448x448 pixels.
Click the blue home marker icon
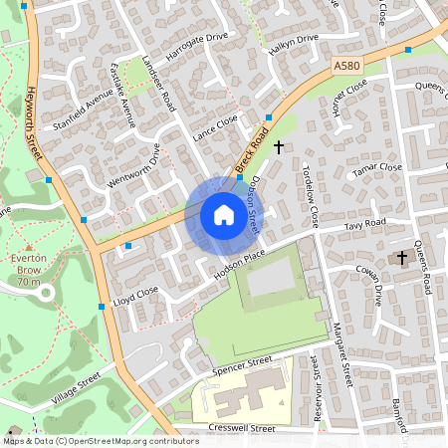pyautogui.click(x=223, y=215)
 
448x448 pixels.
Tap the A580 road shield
pyautogui.click(x=345, y=66)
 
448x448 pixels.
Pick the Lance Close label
pyautogui.click(x=216, y=125)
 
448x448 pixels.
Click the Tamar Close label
pyautogui.click(x=377, y=169)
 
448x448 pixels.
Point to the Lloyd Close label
pyautogui.click(x=135, y=294)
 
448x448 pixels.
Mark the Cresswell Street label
pyautogui.click(x=242, y=428)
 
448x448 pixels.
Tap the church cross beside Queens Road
pyautogui.click(x=402, y=258)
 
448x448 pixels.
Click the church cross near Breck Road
pyautogui.click(x=278, y=147)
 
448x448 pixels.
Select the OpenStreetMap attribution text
pyautogui.click(x=87, y=440)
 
